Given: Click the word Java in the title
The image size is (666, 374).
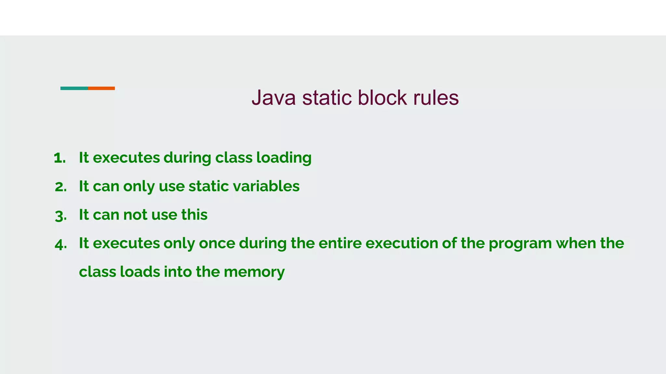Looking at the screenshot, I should (273, 97).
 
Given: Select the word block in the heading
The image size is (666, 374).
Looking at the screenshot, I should (382, 97).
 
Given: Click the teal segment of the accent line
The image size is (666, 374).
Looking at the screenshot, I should (74, 88).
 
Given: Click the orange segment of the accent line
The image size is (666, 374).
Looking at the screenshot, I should (101, 88).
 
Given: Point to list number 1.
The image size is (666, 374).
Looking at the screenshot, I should (60, 158).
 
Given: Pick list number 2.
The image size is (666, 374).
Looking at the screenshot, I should (61, 187).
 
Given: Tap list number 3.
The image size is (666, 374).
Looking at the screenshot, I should (61, 216).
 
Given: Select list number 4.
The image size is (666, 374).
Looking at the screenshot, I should (61, 244).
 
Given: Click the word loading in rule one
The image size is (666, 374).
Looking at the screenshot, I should (284, 158).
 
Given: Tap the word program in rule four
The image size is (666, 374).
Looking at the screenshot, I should (520, 244).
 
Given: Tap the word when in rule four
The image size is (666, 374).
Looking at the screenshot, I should (574, 243).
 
